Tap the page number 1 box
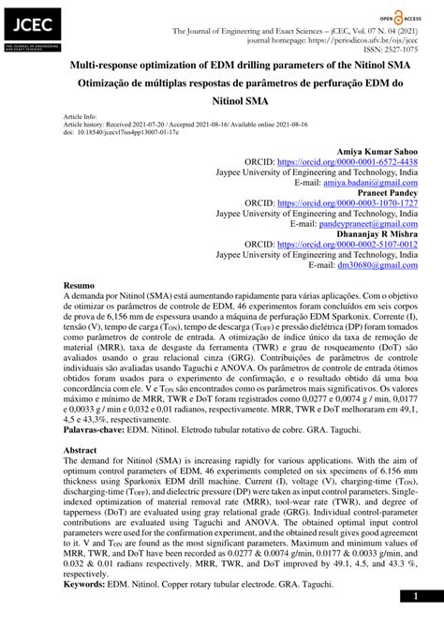tap(415, 596)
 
